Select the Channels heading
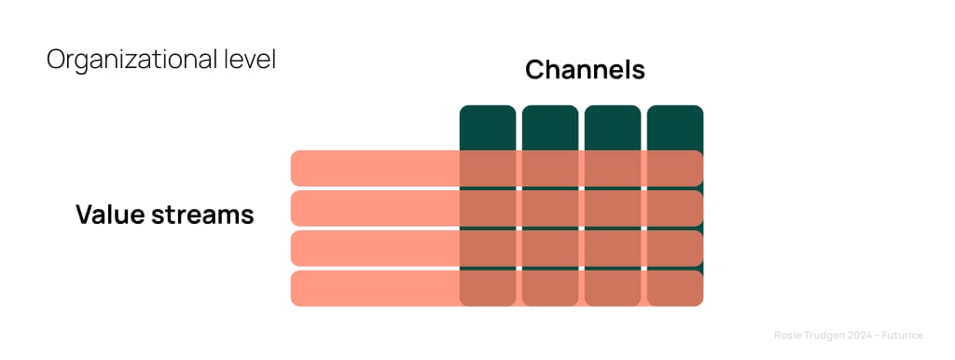pos(585,70)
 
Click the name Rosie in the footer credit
pos(788,334)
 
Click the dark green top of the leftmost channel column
pos(487,127)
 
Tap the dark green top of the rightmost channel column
pos(674,127)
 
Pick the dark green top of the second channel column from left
pos(549,127)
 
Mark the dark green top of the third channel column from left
pos(612,127)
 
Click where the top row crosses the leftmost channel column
pos(487,168)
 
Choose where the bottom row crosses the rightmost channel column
pos(674,288)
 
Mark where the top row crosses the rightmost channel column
pos(674,168)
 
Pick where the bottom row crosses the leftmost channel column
pos(487,288)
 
